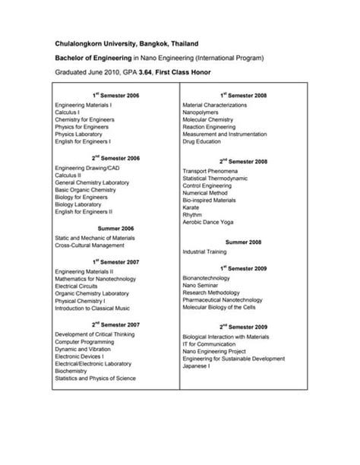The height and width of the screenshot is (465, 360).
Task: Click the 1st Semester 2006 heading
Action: coord(117,95)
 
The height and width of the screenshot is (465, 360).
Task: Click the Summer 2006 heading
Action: coord(116,227)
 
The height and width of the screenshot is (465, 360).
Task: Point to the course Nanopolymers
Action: coord(201,112)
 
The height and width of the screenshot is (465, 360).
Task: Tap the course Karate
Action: coord(191,207)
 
